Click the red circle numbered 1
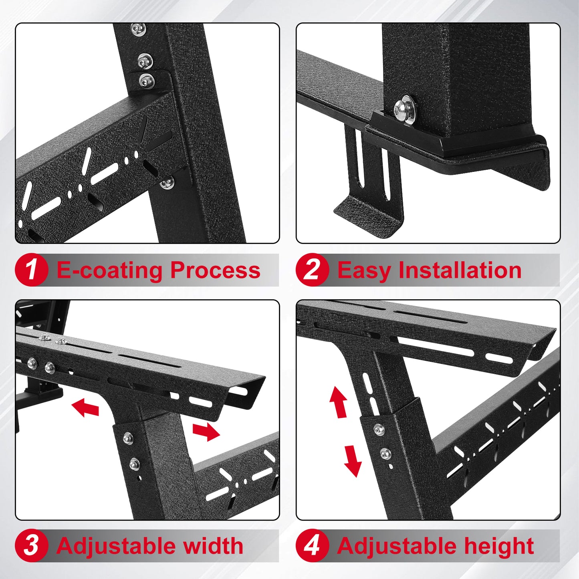[x=31, y=270]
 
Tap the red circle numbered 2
[x=312, y=270]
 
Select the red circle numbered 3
[x=31, y=546]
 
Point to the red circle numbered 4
[x=312, y=546]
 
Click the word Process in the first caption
[x=215, y=270]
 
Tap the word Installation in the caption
[x=460, y=270]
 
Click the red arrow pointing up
[x=339, y=402]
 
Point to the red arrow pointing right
[x=206, y=432]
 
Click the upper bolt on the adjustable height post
[x=379, y=430]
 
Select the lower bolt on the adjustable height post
[x=385, y=454]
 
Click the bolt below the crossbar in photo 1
[x=167, y=184]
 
